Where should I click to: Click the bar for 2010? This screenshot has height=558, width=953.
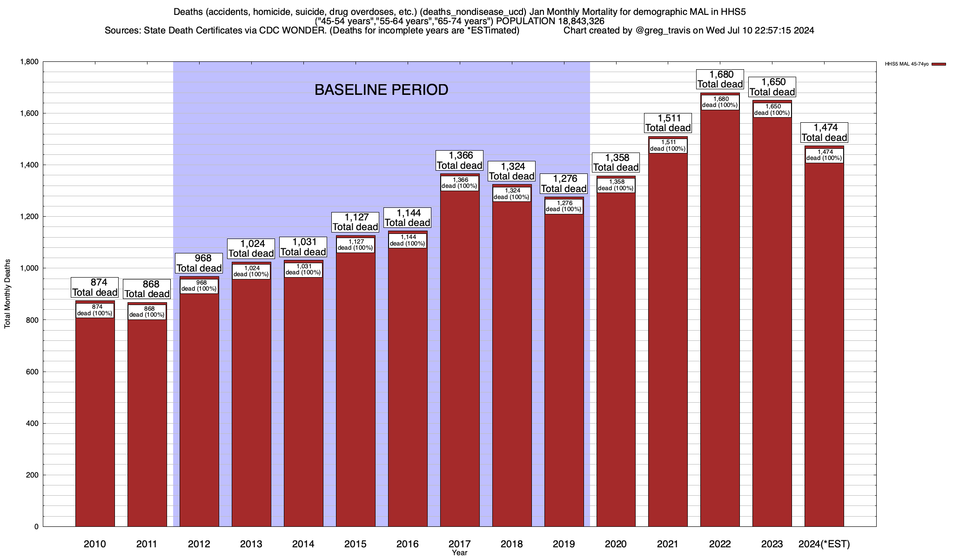pos(95,418)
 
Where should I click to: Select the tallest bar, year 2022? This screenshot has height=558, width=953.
pos(720,325)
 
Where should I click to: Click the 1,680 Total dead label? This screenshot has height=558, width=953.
pos(720,80)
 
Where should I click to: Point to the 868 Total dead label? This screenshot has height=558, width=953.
pos(147,289)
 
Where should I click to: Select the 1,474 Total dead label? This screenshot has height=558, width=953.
pos(824,133)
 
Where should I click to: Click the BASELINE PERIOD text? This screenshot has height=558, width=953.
pos(381,90)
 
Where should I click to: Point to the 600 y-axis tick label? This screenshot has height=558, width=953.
pos(32,372)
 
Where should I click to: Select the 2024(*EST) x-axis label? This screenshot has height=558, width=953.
pos(824,544)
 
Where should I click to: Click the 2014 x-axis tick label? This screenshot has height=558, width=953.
pos(303,544)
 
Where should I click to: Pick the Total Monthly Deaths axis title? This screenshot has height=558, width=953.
pos(7,294)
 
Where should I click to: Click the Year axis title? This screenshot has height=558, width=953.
pos(459,553)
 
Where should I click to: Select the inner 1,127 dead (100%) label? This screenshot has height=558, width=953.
pos(355,245)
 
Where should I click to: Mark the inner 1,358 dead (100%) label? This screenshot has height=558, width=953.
pos(616,185)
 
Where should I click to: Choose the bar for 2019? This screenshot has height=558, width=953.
pos(564,372)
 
